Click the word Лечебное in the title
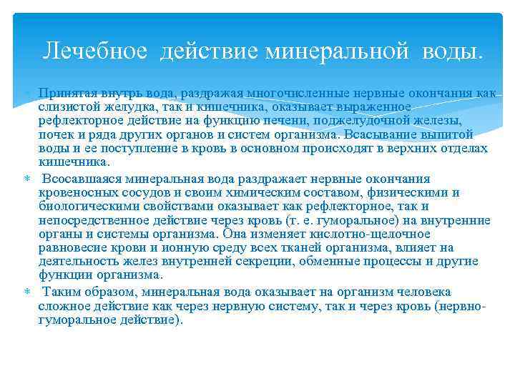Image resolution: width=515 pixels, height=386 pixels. click(x=95, y=51)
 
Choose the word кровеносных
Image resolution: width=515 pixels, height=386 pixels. click(x=73, y=193)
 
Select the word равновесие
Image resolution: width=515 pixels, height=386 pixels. click(x=74, y=248)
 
